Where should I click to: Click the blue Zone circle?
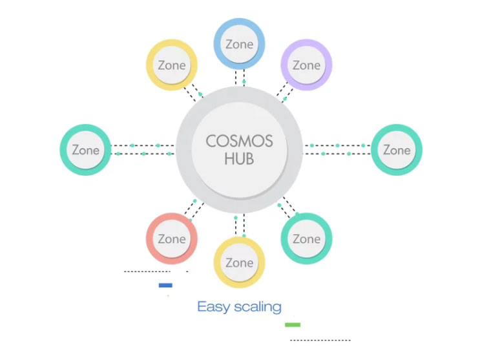tap(239, 44)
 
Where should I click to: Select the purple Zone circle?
tap(306, 65)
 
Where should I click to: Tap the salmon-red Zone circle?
tap(171, 238)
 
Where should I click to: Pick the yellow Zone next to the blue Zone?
tap(171, 65)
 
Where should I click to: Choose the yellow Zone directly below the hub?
tap(239, 262)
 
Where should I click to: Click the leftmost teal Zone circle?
tap(85, 150)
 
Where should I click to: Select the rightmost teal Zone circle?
tap(396, 150)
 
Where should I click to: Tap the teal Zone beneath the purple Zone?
tap(306, 238)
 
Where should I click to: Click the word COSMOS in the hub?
tap(239, 141)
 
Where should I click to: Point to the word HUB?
tap(239, 160)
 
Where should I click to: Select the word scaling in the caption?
tap(258, 306)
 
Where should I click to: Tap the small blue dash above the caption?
tap(165, 285)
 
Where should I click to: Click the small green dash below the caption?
tap(293, 324)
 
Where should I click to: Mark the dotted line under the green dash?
tap(320, 340)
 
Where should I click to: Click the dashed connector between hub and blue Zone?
tap(240, 77)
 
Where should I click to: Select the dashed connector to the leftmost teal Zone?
tap(143, 149)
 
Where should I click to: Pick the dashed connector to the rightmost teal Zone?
tap(337, 149)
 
